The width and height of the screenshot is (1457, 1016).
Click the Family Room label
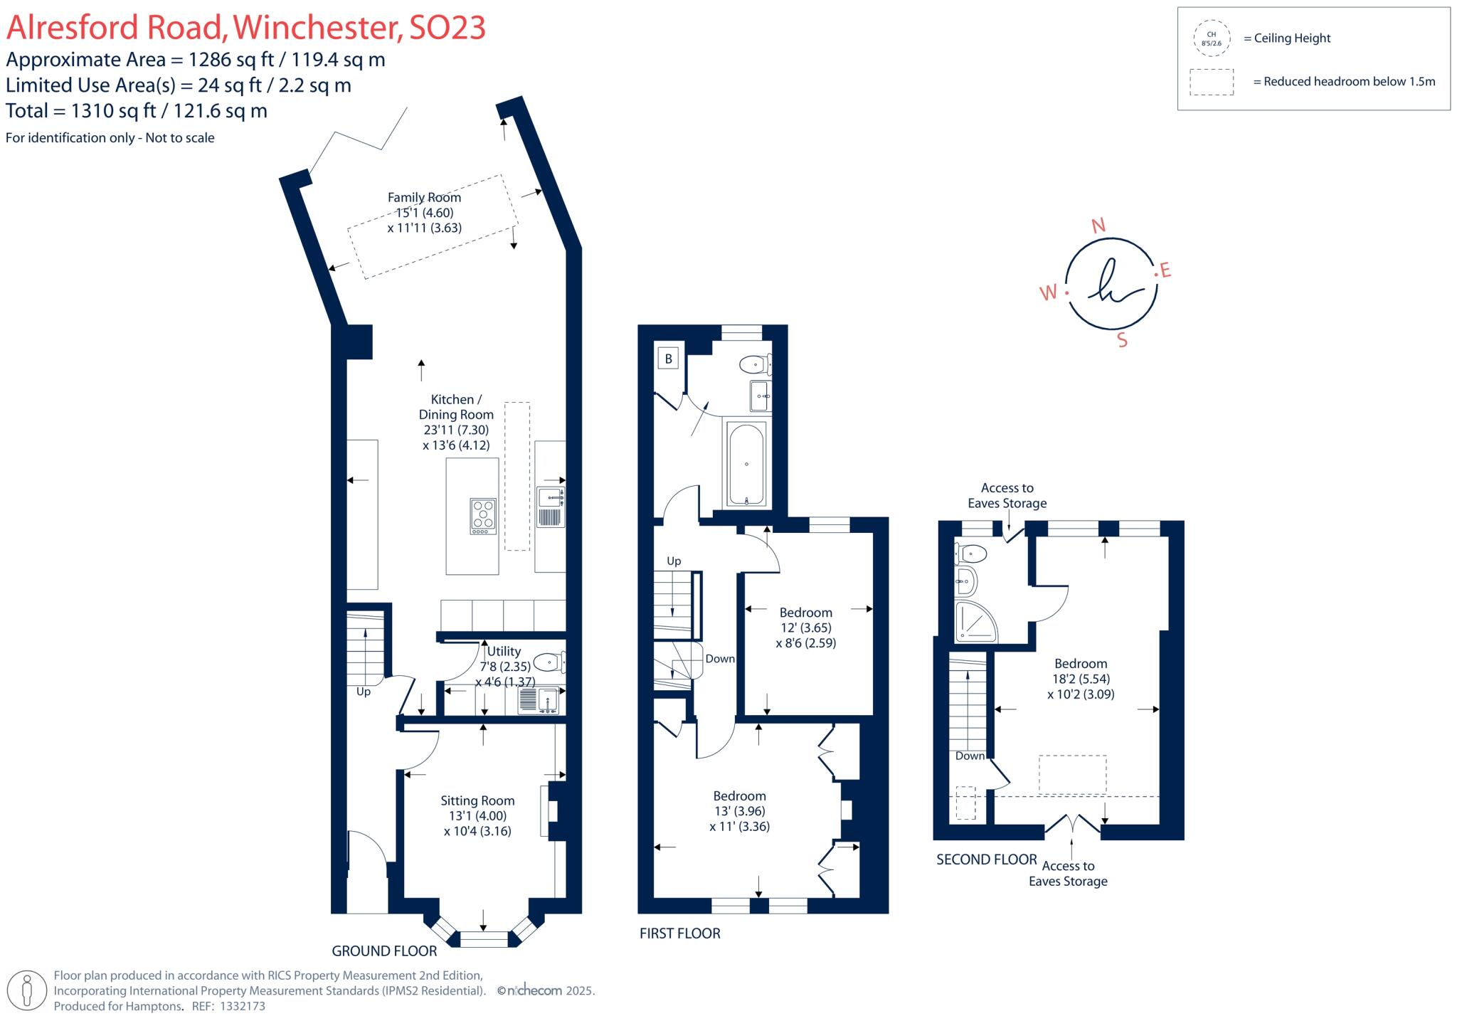coord(424,198)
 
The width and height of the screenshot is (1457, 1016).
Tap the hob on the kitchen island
coord(483,515)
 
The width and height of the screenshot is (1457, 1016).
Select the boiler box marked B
coord(668,359)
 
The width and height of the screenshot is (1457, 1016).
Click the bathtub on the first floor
coord(746,463)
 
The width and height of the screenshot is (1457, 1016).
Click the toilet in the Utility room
coord(549,663)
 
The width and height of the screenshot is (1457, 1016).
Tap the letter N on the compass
coord(1098,226)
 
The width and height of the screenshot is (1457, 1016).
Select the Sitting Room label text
coord(477,800)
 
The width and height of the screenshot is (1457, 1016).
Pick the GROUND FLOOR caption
coord(384,951)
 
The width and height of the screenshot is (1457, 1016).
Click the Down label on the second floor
coord(970,756)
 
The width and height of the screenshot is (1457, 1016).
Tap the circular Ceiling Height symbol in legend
coord(1211,38)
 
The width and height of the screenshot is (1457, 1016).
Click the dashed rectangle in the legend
coord(1211,82)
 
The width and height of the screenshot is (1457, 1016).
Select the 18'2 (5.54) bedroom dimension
coord(1081,679)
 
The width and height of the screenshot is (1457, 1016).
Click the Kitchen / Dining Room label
coord(455,407)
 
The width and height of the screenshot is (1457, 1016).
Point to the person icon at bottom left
coord(28,990)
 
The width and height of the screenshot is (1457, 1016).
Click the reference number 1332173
coord(243,1006)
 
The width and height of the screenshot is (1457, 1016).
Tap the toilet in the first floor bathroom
coord(754,365)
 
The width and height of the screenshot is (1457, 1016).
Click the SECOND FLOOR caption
coord(986,859)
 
